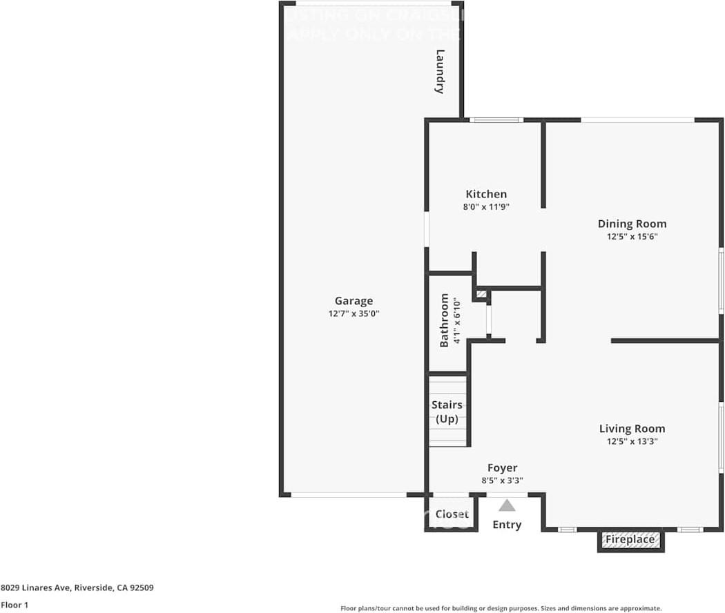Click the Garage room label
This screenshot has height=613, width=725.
[354, 301]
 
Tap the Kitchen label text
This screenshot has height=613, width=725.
[486, 194]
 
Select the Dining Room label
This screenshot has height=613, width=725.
[632, 224]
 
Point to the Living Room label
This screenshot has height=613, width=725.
[632, 429]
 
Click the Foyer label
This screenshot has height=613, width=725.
[502, 468]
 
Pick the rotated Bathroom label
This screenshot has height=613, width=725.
[445, 320]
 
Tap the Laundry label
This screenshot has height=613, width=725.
[440, 71]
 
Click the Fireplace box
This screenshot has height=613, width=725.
[630, 540]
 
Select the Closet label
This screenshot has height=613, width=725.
[452, 514]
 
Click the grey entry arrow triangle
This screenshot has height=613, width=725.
[507, 505]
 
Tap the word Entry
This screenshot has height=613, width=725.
[507, 525]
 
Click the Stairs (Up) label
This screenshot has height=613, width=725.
[447, 411]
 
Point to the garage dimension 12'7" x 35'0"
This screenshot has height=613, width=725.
[354, 313]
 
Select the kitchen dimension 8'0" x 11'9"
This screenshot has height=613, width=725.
[486, 206]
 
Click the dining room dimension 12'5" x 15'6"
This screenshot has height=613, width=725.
[632, 236]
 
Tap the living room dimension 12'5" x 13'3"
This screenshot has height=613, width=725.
[632, 441]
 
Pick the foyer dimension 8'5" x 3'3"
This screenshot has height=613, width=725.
[502, 480]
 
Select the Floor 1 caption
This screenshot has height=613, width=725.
[14, 605]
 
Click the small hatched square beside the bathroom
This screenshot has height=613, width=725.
[481, 295]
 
